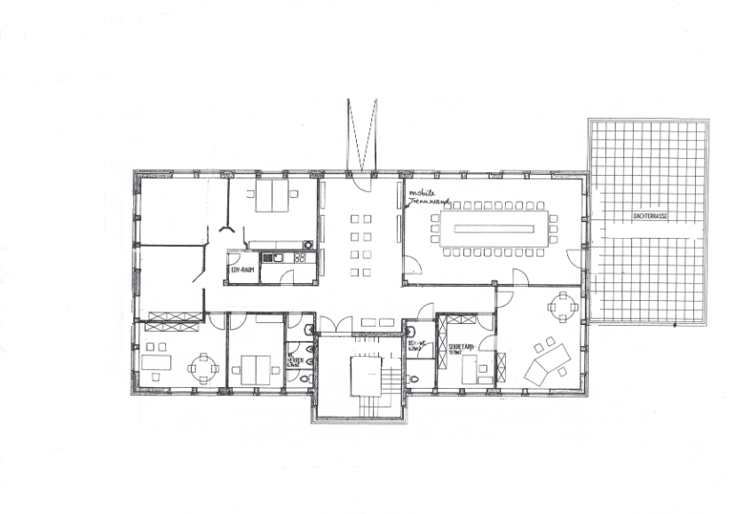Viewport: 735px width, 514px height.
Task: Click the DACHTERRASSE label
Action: pyautogui.click(x=650, y=215)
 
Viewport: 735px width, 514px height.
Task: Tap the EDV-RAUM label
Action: pyautogui.click(x=243, y=267)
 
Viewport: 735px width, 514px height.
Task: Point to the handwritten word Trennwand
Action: pyautogui.click(x=429, y=202)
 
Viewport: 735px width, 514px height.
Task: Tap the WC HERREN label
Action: pyautogui.click(x=294, y=360)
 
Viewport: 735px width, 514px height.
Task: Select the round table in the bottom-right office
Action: pyautogui.click(x=562, y=307)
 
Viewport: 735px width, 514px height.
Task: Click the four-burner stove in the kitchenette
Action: pyautogui.click(x=299, y=257)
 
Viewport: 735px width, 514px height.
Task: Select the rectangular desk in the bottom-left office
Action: pyautogui.click(x=157, y=363)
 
